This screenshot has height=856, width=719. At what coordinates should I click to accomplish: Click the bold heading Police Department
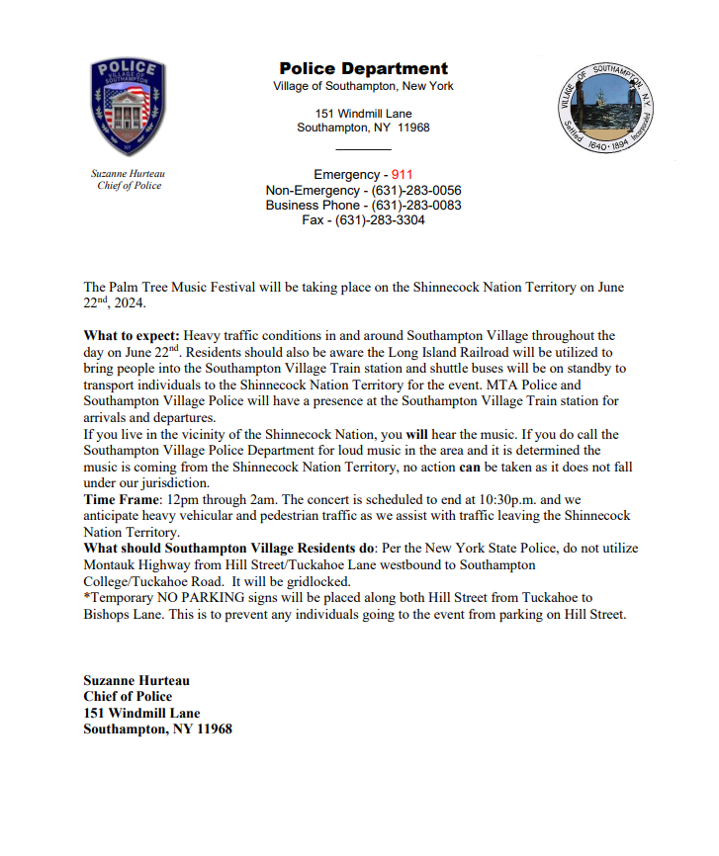(x=363, y=69)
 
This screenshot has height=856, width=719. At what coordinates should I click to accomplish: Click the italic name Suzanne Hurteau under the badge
(x=129, y=174)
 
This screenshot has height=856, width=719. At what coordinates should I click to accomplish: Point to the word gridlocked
(x=315, y=581)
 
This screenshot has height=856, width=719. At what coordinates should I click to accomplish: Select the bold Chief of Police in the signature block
(x=128, y=697)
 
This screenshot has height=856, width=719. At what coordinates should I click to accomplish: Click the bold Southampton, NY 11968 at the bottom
(x=158, y=729)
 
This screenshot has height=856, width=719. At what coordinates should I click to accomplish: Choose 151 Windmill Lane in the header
(x=363, y=114)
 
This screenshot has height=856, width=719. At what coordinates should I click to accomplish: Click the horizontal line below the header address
(x=363, y=148)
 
